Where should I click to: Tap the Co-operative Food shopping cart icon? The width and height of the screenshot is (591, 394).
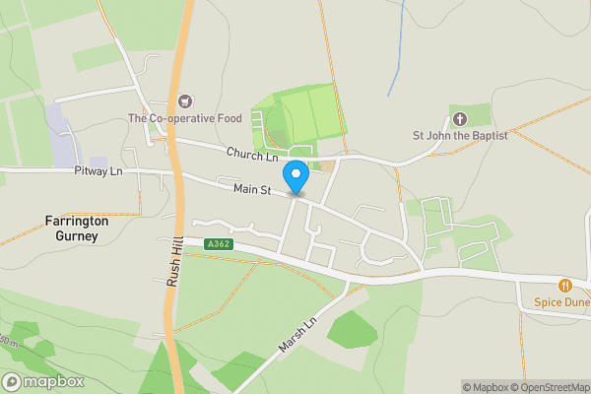tap(184, 100)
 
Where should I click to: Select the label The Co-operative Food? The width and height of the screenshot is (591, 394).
tap(184, 119)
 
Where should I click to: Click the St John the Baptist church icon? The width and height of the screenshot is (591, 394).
tap(460, 118)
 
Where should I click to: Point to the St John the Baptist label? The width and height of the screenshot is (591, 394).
tap(460, 136)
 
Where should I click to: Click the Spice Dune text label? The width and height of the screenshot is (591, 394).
tap(561, 302)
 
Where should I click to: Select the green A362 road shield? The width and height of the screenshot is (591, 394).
tap(219, 243)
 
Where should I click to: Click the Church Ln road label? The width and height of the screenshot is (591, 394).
tap(252, 155)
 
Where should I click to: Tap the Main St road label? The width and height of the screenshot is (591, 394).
tap(252, 188)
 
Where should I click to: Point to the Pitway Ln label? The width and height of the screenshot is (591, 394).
tap(98, 171)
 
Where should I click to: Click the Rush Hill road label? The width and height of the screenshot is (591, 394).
tap(171, 264)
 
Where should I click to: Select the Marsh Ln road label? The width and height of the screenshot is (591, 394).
tap(296, 336)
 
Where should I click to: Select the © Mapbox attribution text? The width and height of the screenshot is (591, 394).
tap(485, 387)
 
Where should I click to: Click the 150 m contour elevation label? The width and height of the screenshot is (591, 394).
tap(7, 342)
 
